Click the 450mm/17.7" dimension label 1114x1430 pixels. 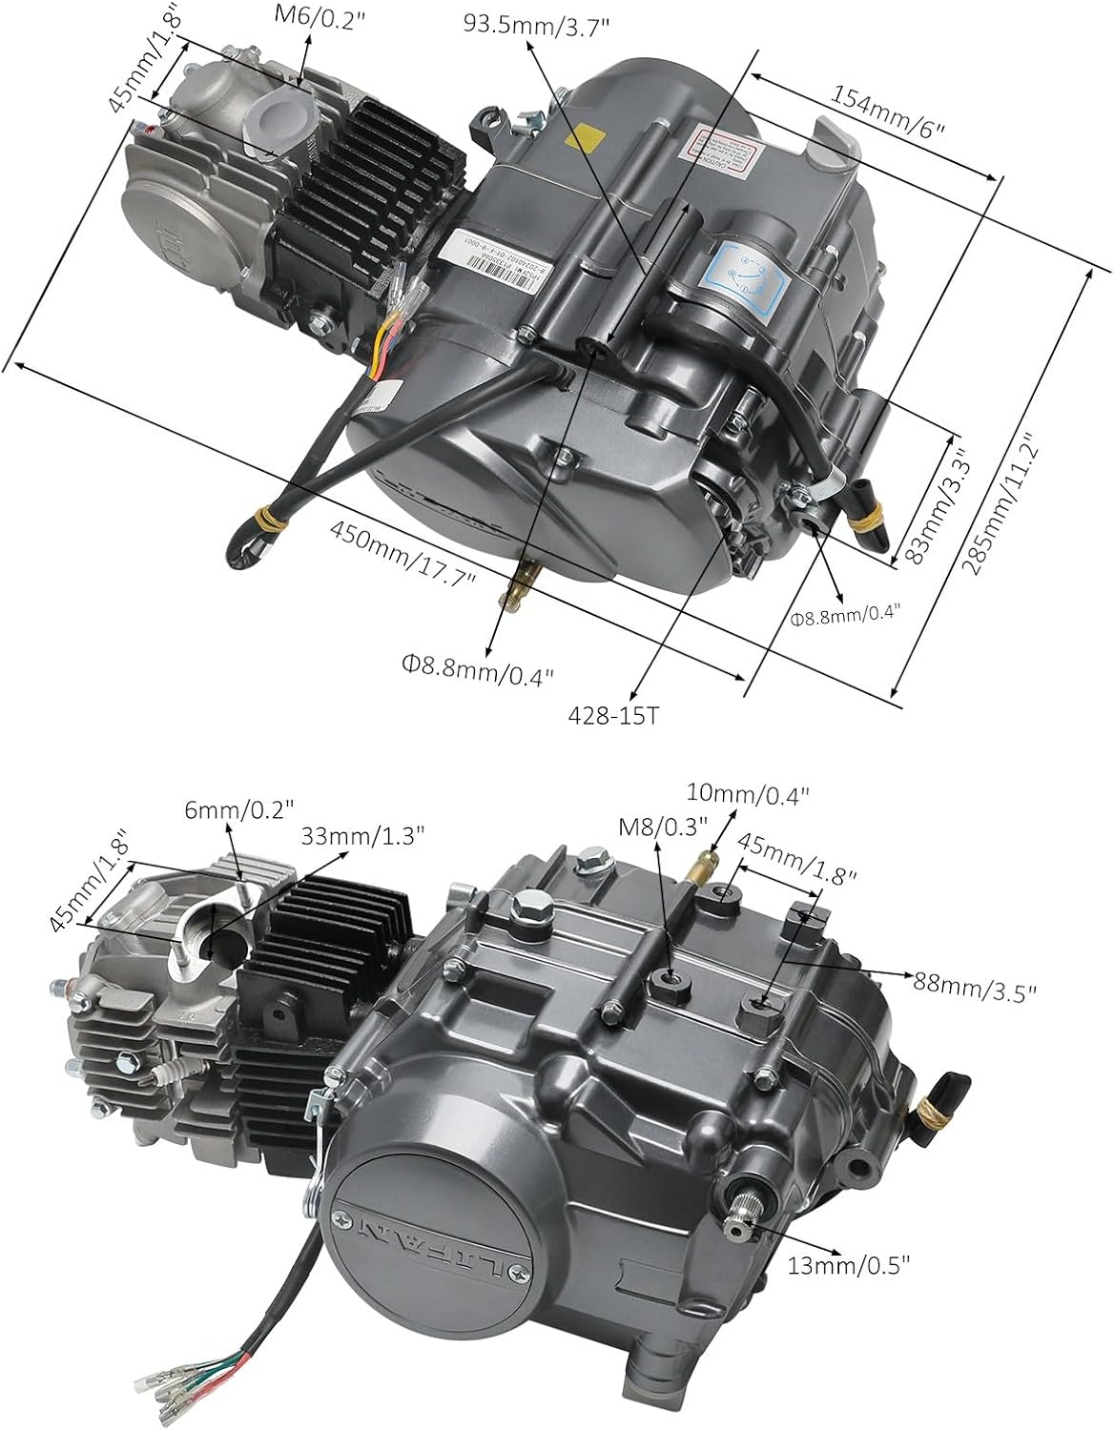[402, 555]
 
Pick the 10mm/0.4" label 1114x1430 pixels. [749, 792]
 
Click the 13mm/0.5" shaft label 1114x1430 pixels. [849, 1264]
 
